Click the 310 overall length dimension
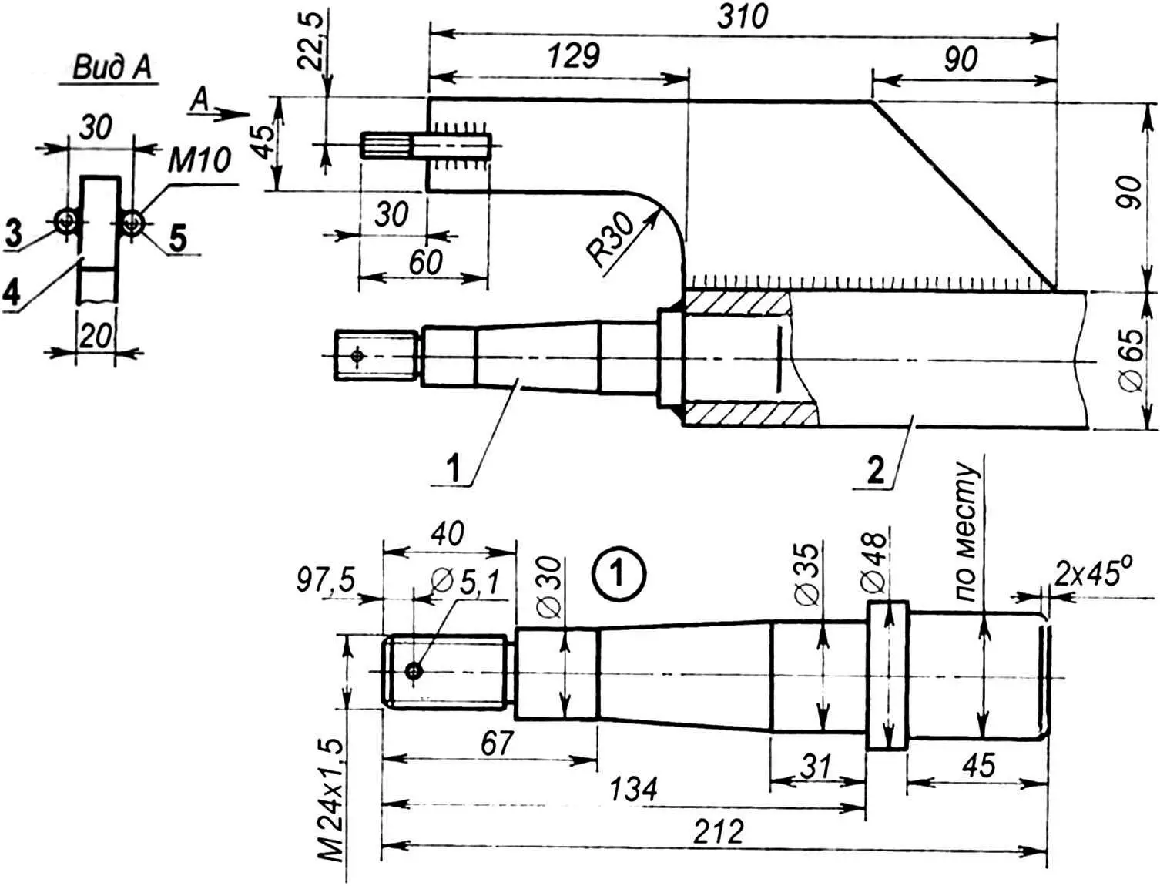(743, 18)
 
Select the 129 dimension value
(574, 56)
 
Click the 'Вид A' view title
(112, 69)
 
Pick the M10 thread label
(199, 160)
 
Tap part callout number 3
(15, 233)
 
